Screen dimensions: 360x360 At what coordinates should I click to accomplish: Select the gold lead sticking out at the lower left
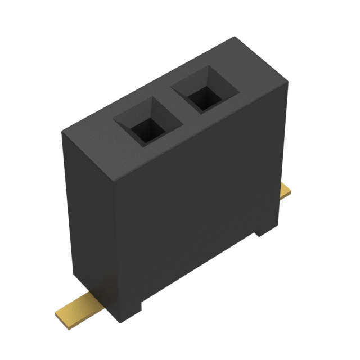pyautogui.click(x=78, y=304)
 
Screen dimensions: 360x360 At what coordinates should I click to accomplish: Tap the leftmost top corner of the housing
pyautogui.click(x=62, y=130)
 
